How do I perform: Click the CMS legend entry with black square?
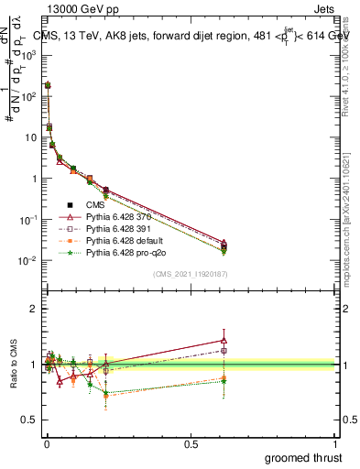(x=99, y=204)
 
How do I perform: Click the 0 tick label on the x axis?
(x=46, y=442)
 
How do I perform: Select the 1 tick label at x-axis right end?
(x=335, y=442)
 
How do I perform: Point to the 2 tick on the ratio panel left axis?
(x=32, y=309)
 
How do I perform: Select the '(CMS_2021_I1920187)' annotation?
(x=190, y=274)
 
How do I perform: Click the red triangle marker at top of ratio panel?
(x=224, y=340)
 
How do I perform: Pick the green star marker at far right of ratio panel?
(x=224, y=380)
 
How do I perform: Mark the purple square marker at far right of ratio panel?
(x=224, y=350)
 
